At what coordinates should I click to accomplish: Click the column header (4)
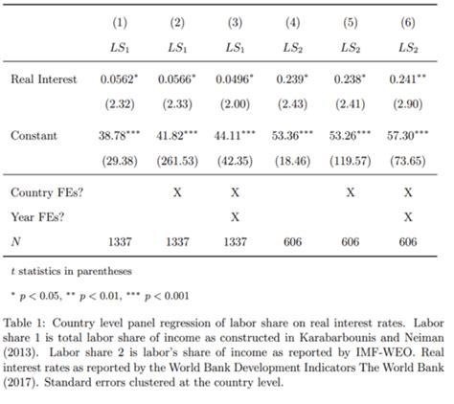[x=293, y=21]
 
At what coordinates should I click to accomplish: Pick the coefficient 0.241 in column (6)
[x=405, y=81]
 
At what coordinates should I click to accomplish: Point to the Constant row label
[x=34, y=136]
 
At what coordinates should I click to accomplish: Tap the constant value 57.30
[x=405, y=136]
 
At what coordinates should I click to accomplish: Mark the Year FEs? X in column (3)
[x=235, y=217]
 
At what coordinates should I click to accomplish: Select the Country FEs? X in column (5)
[x=350, y=192]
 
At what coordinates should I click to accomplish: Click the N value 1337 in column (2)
[x=177, y=242]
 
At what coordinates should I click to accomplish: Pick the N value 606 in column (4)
[x=293, y=242]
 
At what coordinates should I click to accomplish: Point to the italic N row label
[x=15, y=242]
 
